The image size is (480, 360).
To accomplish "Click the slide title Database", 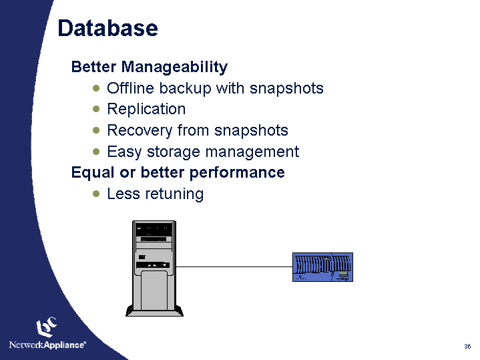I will click(107, 29).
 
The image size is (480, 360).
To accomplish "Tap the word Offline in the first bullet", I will click(129, 88).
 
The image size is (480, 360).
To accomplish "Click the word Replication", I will click(146, 109).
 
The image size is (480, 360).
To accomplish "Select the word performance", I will click(238, 173).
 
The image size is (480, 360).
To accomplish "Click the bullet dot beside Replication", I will click(97, 109).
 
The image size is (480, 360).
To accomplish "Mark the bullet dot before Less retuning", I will click(97, 194).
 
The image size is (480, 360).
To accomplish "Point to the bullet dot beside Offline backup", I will click(97, 88).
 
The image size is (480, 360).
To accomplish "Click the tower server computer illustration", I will click(154, 267).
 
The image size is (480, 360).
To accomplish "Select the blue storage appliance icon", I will click(322, 267).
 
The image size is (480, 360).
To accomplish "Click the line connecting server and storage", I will click(234, 266).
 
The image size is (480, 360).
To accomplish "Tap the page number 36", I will click(467, 346).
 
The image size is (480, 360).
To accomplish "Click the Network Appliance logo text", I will click(47, 345).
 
